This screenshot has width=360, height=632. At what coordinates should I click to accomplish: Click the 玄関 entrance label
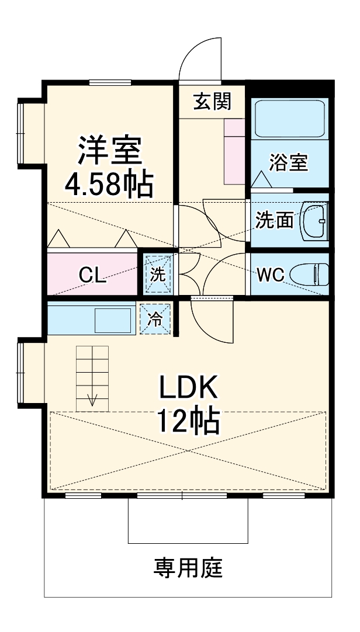click(213, 101)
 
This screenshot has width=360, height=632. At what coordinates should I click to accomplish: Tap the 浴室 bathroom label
click(288, 162)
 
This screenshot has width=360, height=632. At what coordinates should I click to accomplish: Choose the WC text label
click(271, 275)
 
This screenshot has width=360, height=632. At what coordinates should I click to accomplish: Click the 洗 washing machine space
click(158, 274)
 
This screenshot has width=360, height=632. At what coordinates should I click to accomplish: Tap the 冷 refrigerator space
click(155, 319)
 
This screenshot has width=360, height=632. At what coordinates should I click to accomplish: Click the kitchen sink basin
click(113, 320)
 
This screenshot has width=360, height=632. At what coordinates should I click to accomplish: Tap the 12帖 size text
click(188, 421)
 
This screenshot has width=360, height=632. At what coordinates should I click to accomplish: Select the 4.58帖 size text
click(109, 184)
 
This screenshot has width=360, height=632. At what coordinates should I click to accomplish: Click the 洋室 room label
click(110, 150)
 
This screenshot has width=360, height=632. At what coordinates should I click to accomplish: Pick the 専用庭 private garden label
click(188, 568)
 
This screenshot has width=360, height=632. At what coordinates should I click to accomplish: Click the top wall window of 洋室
click(110, 82)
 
